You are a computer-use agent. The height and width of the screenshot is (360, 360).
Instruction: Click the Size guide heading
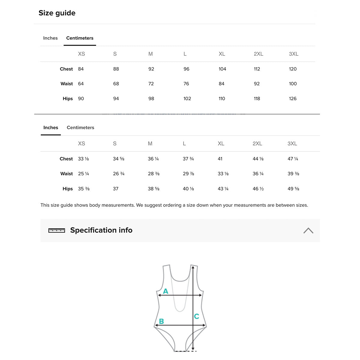click(x=57, y=13)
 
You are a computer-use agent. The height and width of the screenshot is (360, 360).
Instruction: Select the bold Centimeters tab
click(x=79, y=38)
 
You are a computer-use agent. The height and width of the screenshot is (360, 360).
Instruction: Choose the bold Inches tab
click(x=51, y=127)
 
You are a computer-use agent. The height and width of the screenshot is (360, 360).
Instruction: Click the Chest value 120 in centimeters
click(x=292, y=69)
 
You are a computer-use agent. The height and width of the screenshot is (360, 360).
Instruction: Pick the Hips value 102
click(x=187, y=99)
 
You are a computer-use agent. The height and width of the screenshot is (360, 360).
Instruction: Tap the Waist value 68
click(x=116, y=84)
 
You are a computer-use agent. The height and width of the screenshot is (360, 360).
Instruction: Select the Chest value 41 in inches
click(x=220, y=159)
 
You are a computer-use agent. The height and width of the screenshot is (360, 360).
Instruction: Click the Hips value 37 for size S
click(x=115, y=189)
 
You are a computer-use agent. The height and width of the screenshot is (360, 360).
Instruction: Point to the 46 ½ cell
click(x=258, y=189)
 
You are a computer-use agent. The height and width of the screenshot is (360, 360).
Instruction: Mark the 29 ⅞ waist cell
click(x=188, y=174)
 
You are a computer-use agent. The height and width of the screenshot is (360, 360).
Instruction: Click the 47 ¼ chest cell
click(x=293, y=159)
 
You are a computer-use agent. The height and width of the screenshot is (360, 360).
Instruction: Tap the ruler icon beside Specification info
click(x=57, y=230)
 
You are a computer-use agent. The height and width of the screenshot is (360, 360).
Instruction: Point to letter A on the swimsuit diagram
click(x=166, y=291)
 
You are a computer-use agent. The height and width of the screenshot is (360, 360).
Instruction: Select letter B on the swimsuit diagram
click(x=161, y=321)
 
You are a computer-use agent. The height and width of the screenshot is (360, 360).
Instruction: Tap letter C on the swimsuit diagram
click(x=196, y=316)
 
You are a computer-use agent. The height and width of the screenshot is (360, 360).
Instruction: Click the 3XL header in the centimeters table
click(x=293, y=54)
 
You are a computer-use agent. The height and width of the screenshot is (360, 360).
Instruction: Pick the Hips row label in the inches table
click(x=67, y=189)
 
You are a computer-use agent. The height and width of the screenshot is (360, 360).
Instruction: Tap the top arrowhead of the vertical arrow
click(x=193, y=267)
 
